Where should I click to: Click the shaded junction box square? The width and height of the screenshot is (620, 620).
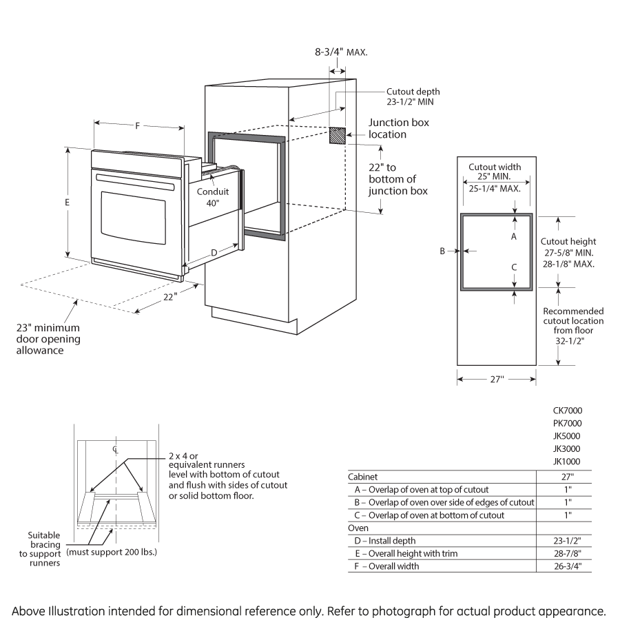point(337,136)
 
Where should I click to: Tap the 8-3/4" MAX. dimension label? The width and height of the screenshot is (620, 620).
point(340,52)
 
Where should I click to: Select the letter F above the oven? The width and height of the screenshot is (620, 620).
point(138,125)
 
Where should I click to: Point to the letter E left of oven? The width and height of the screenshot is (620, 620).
point(67,203)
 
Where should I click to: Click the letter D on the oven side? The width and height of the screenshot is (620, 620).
point(214,253)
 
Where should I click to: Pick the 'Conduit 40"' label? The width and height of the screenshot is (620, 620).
point(212,198)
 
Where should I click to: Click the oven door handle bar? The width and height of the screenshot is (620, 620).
point(134,181)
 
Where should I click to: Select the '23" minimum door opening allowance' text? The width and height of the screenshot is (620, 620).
point(49,339)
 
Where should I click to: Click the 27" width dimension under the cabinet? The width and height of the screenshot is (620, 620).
point(497,379)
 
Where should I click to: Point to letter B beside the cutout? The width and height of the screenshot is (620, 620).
point(443,251)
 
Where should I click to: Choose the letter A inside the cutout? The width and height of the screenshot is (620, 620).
point(513,236)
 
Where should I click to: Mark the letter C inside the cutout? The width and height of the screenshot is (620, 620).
point(513,267)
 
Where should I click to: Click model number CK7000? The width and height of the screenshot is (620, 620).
point(567,410)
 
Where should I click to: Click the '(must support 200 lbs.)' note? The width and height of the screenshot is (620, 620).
point(111,552)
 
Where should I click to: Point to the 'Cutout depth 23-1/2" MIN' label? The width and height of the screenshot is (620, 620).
point(413,96)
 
